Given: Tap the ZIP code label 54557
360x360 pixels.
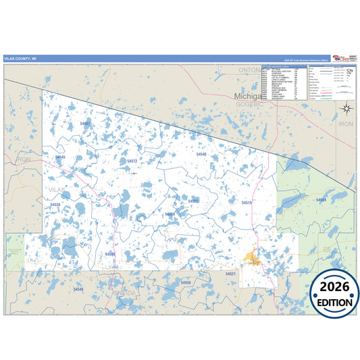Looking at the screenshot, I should (85, 124).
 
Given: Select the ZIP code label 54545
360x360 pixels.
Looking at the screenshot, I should (60, 157).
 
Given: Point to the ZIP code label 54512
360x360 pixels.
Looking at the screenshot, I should (132, 161).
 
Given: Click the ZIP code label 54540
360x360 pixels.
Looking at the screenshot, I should (201, 154).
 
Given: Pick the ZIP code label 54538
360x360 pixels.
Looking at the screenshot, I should (55, 205).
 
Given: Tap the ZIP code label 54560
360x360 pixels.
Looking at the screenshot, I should (170, 214).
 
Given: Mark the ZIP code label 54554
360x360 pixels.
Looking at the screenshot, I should (322, 200).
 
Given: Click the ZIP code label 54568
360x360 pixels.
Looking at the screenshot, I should (109, 254).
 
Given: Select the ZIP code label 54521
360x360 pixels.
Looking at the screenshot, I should (231, 274).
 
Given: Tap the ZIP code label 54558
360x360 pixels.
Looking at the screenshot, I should (185, 282).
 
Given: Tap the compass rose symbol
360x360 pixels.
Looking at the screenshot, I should (346, 107).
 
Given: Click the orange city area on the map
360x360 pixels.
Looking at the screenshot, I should (253, 257).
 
